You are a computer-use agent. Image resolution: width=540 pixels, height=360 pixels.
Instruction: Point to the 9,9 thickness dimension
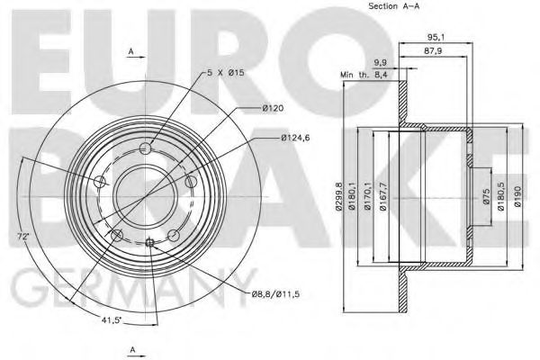(x=380, y=62)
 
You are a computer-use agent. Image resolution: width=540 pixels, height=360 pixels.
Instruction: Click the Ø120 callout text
(x=273, y=110)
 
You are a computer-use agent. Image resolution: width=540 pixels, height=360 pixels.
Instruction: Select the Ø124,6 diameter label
(x=294, y=138)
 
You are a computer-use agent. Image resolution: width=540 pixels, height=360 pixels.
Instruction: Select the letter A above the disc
(x=132, y=53)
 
